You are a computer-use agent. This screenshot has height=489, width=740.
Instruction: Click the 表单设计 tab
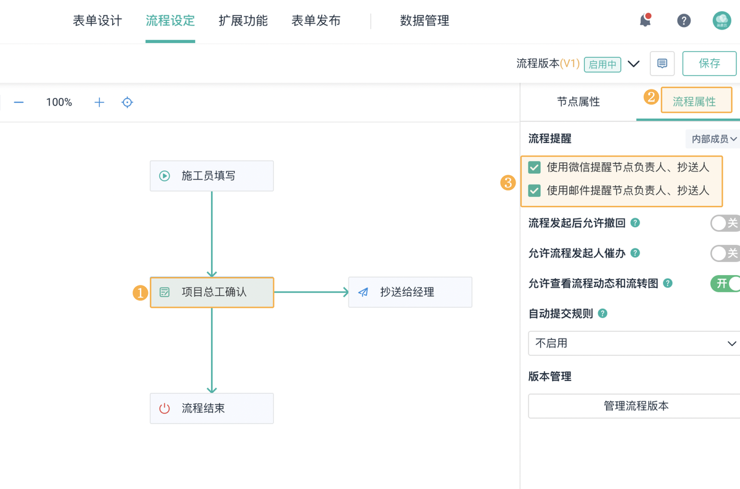click(97, 21)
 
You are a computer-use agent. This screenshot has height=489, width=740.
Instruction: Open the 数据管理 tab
click(424, 21)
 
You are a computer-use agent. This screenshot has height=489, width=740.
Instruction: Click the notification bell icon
click(645, 20)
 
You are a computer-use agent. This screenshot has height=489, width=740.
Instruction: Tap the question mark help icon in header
click(683, 21)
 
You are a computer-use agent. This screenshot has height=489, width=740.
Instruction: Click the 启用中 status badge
click(602, 64)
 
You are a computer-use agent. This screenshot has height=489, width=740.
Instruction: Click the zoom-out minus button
click(19, 102)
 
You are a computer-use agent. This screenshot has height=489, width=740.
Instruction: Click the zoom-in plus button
click(99, 102)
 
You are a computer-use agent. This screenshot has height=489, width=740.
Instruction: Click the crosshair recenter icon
click(127, 102)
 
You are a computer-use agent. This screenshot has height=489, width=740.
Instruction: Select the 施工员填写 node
click(212, 176)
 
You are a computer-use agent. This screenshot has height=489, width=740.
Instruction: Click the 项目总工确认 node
click(212, 292)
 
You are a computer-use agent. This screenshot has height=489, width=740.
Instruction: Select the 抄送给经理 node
click(410, 292)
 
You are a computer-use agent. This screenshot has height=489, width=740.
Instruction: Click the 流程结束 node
click(212, 408)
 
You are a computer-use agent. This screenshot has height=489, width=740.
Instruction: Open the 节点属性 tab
click(578, 102)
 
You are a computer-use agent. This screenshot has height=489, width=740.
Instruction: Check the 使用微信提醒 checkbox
click(535, 167)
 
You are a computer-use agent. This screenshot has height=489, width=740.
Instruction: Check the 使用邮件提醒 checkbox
click(535, 191)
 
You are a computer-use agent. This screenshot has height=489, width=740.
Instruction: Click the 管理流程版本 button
click(635, 406)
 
